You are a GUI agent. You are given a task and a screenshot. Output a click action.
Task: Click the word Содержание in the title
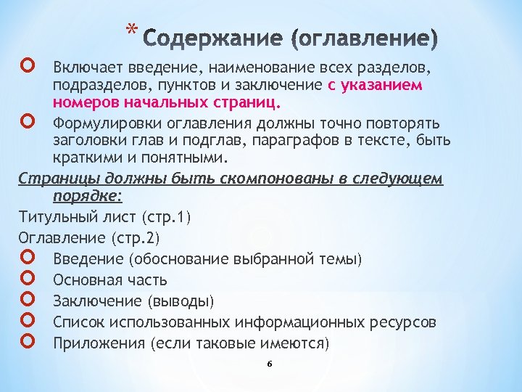207,38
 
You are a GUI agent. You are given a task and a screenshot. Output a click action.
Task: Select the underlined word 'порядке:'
88,196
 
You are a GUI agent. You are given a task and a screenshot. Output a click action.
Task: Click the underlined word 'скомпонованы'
233,179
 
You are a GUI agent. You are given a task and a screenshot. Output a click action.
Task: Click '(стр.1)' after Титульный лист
167,217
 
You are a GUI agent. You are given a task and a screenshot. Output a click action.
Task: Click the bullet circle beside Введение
29,259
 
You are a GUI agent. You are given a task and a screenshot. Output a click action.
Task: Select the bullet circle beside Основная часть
29,279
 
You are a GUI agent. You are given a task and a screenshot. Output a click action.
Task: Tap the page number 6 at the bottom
268,364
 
